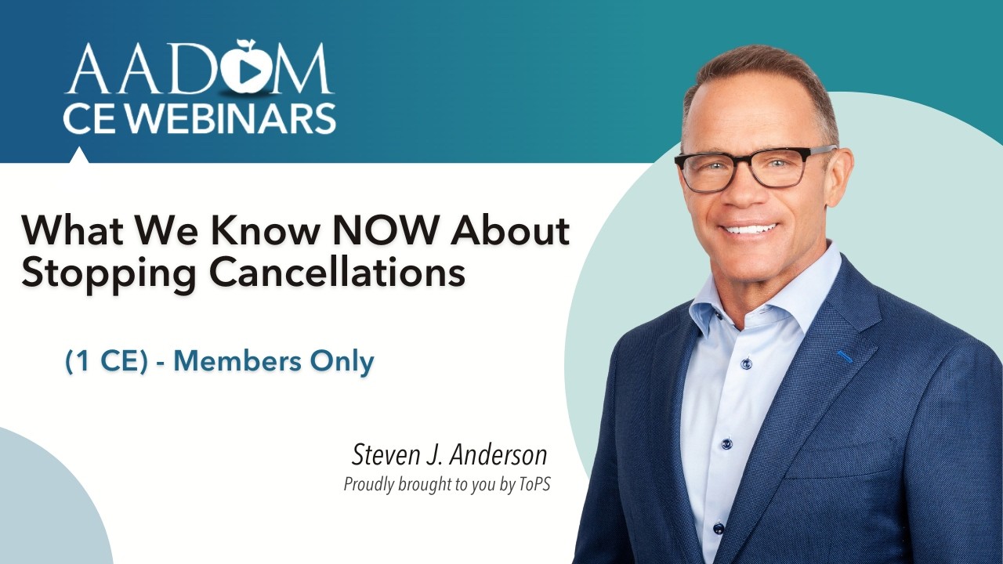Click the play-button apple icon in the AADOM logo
pos(244,69)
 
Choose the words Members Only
pos(273,361)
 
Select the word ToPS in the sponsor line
pos(534,485)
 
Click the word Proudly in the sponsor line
pos(370,485)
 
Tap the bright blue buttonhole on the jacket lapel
pos(845,357)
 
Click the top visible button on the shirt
pos(746,363)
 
